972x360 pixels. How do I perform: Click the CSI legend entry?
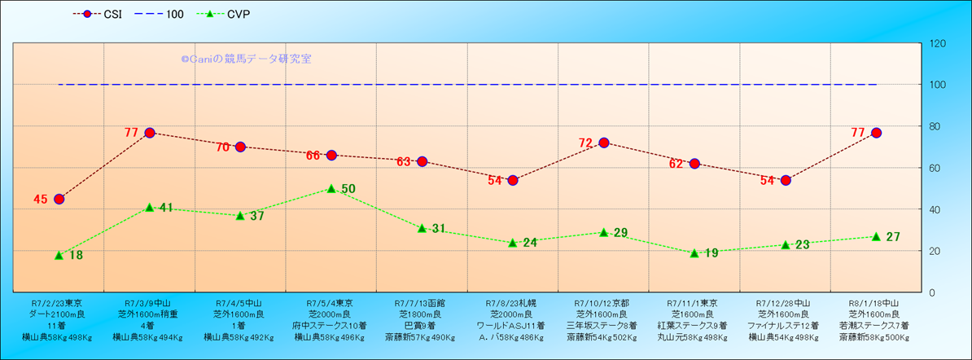pos(97,14)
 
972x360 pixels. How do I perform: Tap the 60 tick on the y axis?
pos(934,168)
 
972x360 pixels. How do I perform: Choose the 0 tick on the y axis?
pos(931,292)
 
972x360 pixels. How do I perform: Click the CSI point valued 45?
pos(59,199)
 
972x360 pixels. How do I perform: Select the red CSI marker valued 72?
pos(604,143)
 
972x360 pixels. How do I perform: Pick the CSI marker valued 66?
pos(331,155)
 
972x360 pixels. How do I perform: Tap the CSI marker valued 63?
pos(422,161)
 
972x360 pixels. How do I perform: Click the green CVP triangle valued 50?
pos(331,188)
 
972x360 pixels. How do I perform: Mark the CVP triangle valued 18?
pos(59,255)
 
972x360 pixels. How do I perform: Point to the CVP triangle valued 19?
pos(694,252)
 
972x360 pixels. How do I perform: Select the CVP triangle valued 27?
pos(876,236)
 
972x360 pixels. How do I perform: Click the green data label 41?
pos(166,208)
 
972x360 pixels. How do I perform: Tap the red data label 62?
pos(676,164)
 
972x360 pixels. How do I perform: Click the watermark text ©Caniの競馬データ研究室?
pos(246,59)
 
